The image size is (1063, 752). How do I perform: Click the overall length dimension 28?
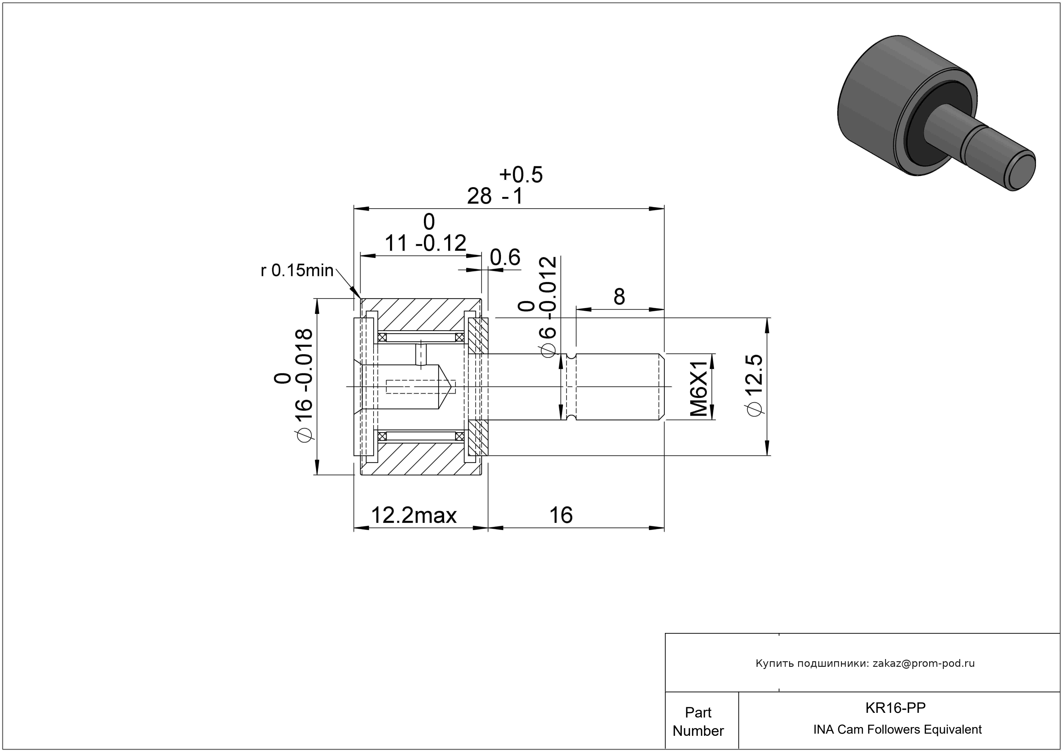(x=479, y=196)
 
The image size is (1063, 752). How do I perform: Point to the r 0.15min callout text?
(x=297, y=270)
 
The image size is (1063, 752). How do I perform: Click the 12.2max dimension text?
(x=414, y=515)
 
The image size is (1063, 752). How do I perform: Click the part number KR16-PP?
(x=895, y=708)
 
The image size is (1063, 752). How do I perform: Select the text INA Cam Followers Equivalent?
(x=897, y=730)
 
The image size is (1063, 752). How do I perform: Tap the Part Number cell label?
(x=698, y=722)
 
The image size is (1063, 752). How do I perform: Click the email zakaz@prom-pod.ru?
(x=924, y=663)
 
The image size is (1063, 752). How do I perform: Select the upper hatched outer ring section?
(x=421, y=315)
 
